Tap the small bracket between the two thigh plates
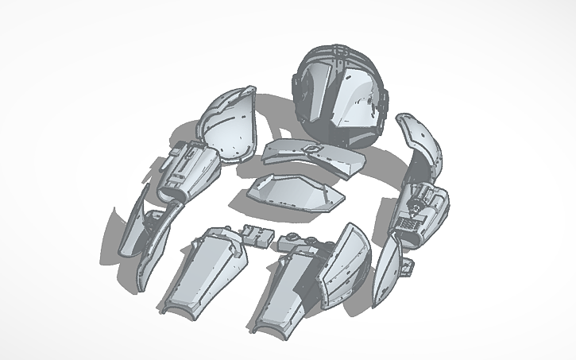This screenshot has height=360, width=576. click(257, 234)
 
